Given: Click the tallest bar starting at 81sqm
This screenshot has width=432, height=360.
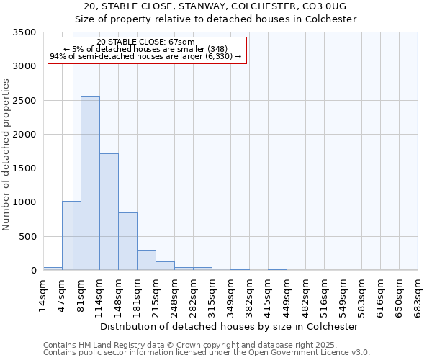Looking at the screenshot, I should (90, 184).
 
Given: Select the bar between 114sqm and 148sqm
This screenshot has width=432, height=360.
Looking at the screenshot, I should (109, 212).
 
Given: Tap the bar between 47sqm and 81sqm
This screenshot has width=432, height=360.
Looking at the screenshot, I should (71, 235).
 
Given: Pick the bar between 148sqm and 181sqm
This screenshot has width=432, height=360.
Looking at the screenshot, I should (127, 241).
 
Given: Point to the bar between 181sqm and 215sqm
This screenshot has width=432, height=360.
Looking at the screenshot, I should (146, 260).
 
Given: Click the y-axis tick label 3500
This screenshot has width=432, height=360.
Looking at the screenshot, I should (24, 32).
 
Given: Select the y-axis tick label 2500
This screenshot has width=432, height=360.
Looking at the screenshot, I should (24, 101).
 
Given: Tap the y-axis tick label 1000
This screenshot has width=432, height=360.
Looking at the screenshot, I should (24, 202).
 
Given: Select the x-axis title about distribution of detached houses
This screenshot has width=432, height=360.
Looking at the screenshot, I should (229, 326).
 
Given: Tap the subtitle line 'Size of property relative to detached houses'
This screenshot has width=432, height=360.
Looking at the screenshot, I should (216, 19).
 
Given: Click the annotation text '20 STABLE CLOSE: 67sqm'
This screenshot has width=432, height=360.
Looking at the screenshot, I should (145, 42).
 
